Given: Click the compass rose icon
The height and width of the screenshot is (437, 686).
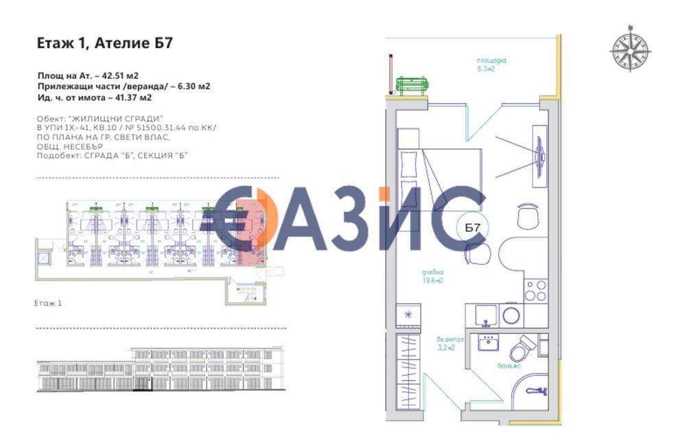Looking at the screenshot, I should pos(630,50).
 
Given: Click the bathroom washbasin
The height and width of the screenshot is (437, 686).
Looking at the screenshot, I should pos(489,342).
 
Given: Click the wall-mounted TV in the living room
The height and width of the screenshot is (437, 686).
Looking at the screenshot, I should pos(541,155).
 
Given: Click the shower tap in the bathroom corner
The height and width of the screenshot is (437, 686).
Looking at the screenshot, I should pos(536,392).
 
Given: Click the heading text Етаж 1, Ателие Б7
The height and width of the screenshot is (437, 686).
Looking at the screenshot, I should pos(104,43).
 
